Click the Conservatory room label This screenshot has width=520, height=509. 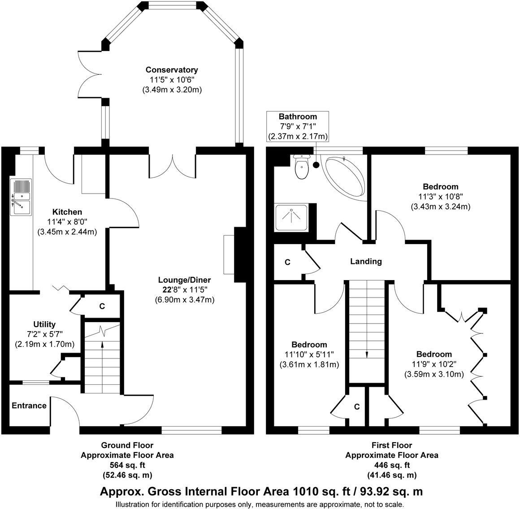click(172, 70)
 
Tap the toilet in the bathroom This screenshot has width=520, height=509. click(302, 167)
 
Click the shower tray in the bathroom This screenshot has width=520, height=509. click(292, 217)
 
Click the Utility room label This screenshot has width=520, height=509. click(44, 324)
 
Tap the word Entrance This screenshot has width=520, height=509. click(29, 405)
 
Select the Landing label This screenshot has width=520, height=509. click(366, 261)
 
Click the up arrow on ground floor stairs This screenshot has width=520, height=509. click(102, 344)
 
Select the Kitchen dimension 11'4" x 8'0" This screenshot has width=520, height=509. click(67, 222)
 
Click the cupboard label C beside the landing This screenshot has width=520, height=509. click(287, 263)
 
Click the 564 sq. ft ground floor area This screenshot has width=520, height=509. click(127, 465)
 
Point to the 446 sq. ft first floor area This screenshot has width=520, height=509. click(391, 465)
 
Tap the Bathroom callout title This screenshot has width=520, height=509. click(298, 116)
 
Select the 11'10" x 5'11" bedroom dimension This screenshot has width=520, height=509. click(309, 354)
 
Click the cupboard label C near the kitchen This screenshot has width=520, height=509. click(102, 306)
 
